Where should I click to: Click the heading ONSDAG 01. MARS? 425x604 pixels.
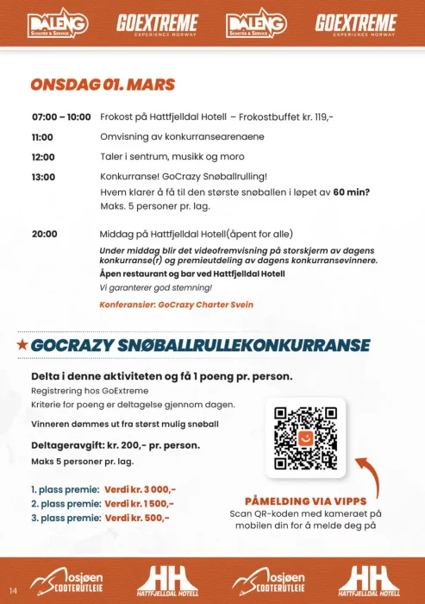pyautogui.click(x=103, y=85)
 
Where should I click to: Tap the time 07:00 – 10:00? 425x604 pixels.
pyautogui.click(x=61, y=116)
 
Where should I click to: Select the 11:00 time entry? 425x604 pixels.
pyautogui.click(x=43, y=137)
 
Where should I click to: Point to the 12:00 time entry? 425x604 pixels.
pyautogui.click(x=43, y=157)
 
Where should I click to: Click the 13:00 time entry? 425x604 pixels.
pyautogui.click(x=43, y=177)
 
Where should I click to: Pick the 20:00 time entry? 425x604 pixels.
pyautogui.click(x=45, y=234)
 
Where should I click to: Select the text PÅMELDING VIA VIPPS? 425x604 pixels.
pyautogui.click(x=306, y=501)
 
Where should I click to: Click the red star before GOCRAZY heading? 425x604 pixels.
pyautogui.click(x=22, y=345)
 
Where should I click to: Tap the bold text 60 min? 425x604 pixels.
pyautogui.click(x=352, y=192)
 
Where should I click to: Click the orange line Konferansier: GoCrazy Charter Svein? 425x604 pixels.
pyautogui.click(x=176, y=305)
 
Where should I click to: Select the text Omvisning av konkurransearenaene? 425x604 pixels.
pyautogui.click(x=182, y=137)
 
